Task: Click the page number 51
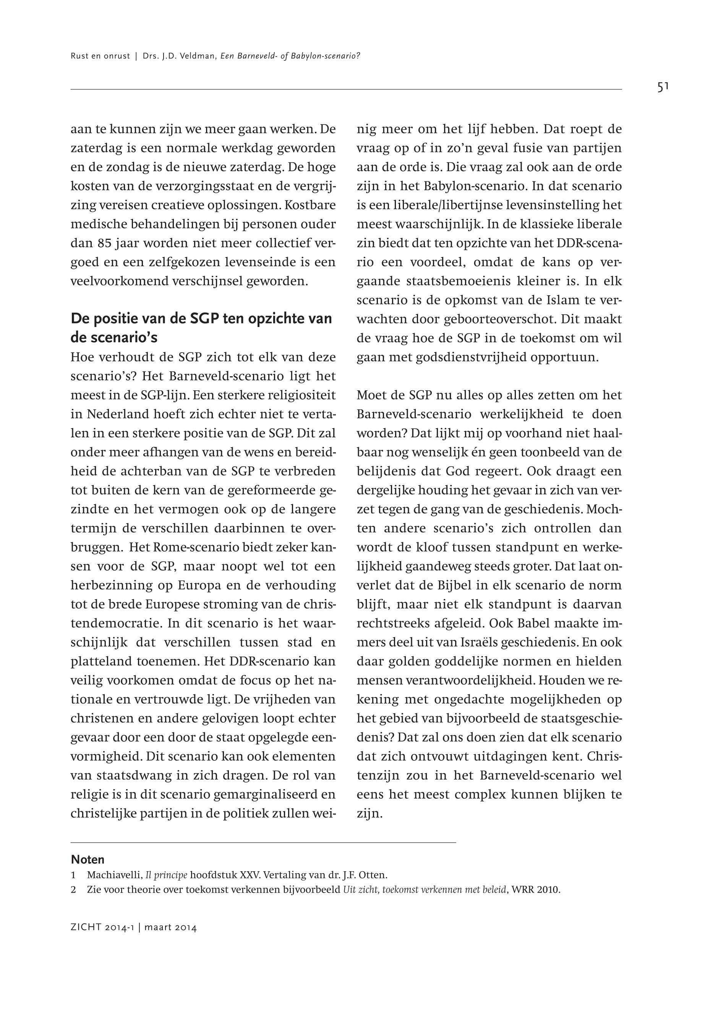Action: tap(663, 87)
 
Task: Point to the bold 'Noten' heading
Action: tap(88, 860)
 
